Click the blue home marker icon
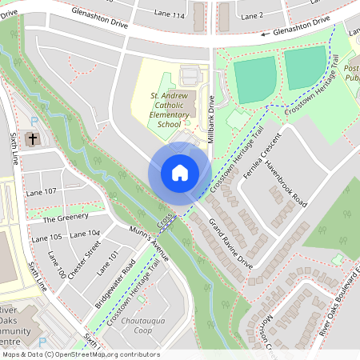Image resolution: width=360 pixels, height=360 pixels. pos(179,172)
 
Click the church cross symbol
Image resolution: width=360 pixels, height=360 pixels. pos(33,139)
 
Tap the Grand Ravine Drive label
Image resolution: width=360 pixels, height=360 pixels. pos(231,243)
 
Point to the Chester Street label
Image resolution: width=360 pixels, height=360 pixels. pos(85,260)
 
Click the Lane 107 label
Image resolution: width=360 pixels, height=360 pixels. pos(41,192)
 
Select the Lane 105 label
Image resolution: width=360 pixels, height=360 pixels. pos(46,238)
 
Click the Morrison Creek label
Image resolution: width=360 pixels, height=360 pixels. pos(266,334)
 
